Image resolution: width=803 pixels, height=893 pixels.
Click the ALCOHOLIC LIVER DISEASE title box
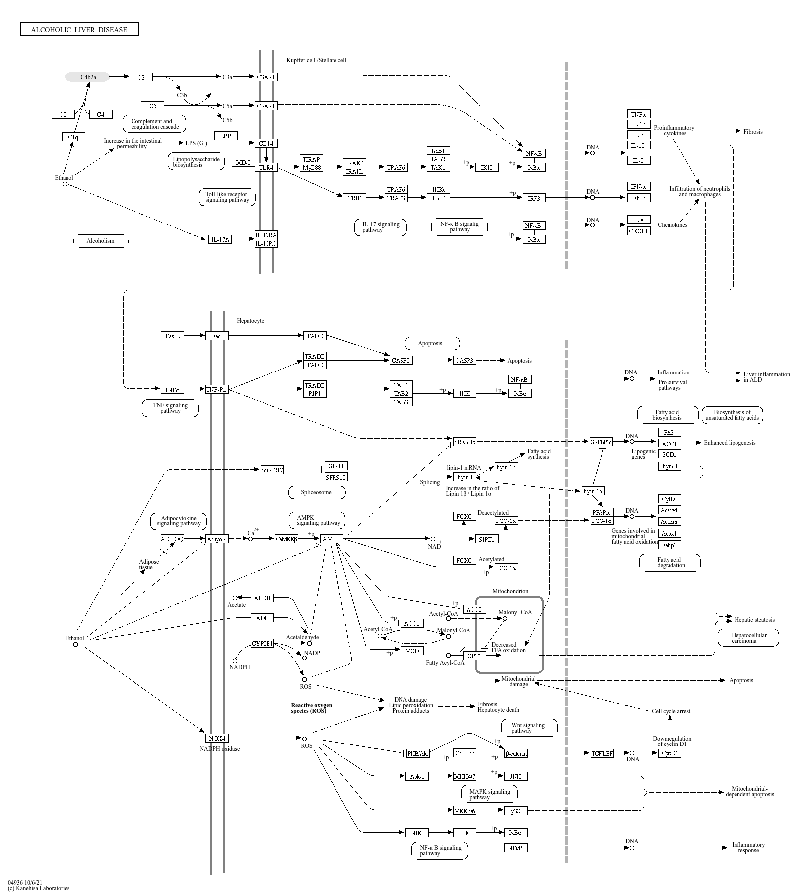pos(79,29)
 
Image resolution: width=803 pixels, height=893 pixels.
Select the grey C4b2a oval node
pos(88,77)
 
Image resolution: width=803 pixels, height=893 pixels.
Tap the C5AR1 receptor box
pos(266,106)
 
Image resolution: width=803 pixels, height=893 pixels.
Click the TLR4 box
pos(266,167)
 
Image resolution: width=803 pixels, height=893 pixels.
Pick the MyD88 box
pos(312,167)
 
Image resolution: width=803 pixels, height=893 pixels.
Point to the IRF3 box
pos(534,198)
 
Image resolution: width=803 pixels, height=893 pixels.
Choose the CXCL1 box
pos(639,231)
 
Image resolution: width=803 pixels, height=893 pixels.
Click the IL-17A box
pos(220,239)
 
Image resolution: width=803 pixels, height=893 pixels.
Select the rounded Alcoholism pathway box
pos(101,241)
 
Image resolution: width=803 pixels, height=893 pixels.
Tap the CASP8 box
pos(401,360)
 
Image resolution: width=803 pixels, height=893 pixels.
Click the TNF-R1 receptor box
pos(217,389)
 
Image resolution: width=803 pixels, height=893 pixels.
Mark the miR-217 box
pos(272,470)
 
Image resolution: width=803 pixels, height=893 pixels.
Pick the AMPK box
pos(332,539)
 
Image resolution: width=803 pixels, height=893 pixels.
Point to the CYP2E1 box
pos(263,644)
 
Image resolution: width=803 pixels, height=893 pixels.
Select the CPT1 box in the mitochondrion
pos(475,656)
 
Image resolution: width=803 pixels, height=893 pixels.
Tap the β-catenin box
pos(516,753)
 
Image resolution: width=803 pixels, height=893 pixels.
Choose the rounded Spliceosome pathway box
pos(317,492)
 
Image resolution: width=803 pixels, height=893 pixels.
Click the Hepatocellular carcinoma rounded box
pos(748,638)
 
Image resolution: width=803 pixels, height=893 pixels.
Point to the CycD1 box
pos(670,753)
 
